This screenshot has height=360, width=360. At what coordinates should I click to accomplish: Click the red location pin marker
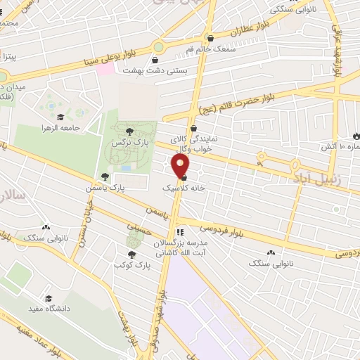pos(181,166)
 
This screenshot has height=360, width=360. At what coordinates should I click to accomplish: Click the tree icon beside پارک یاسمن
pos(105,176)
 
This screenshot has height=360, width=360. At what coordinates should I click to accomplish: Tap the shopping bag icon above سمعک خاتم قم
pos(210,38)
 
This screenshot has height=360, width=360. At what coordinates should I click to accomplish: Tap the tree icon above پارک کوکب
pos(131,255)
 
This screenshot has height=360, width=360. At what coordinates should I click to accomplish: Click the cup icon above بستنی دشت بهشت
pos(155,60)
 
